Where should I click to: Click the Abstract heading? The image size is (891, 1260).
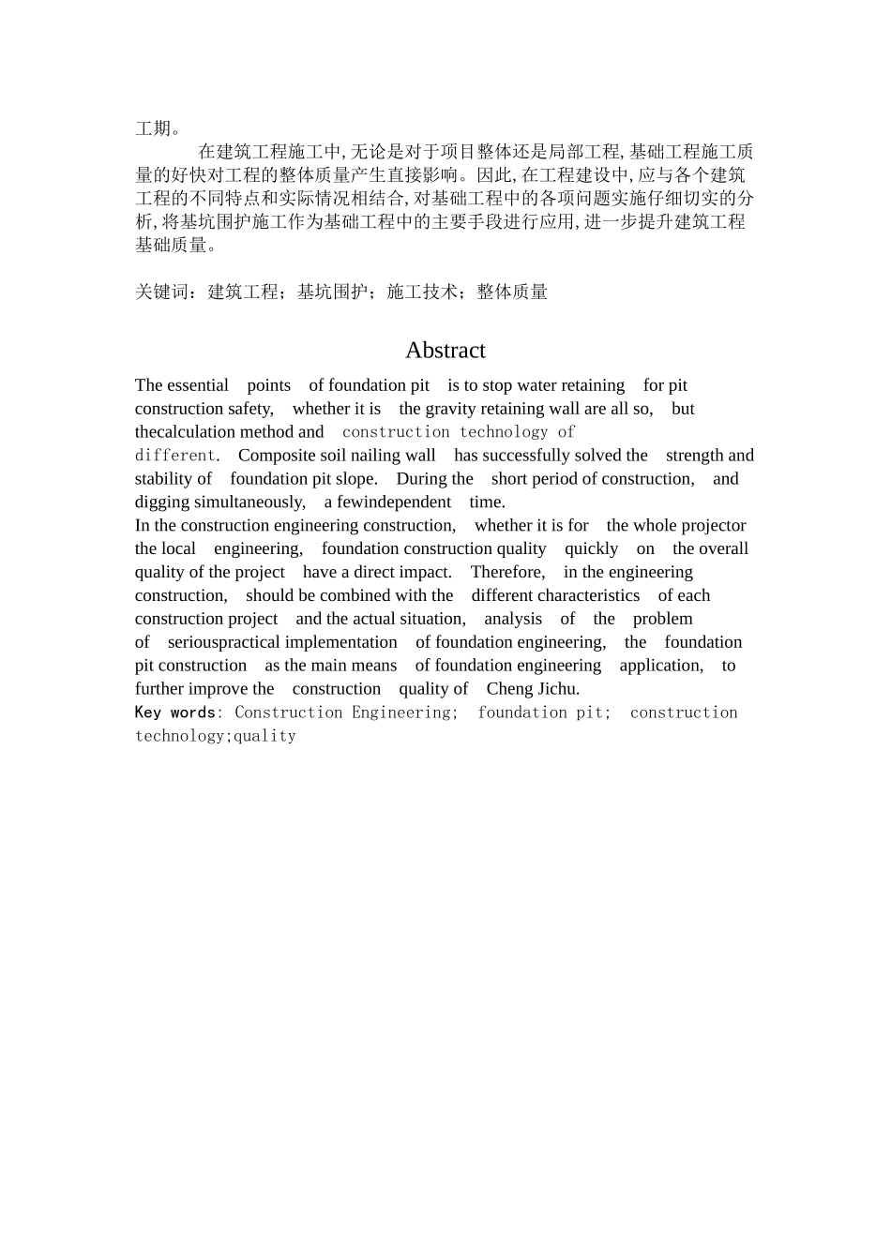[445, 351]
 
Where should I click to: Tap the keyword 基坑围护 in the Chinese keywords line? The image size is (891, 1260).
[331, 292]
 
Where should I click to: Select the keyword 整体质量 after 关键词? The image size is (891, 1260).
[512, 292]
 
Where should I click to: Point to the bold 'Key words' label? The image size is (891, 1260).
[174, 712]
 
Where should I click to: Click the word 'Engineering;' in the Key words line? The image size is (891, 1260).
[405, 712]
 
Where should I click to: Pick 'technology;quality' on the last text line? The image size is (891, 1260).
[216, 736]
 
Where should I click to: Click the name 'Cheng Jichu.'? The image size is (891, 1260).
[533, 689]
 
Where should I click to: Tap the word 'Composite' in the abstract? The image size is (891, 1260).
[273, 456]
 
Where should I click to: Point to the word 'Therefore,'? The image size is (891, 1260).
[507, 572]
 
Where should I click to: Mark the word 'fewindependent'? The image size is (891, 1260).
[394, 502]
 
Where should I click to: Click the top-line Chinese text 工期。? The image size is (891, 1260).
[159, 128]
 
